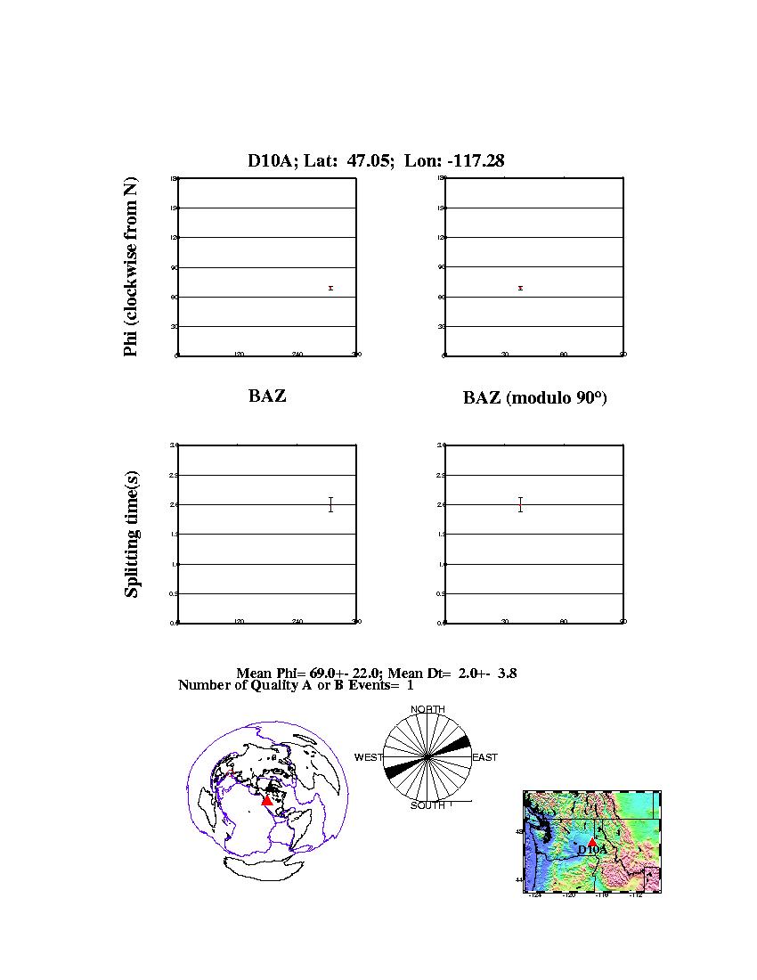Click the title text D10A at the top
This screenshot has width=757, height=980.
(267, 161)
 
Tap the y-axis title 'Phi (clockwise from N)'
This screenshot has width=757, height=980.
(131, 267)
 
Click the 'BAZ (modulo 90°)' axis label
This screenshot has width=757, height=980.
(534, 398)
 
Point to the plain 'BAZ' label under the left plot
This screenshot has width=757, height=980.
(267, 396)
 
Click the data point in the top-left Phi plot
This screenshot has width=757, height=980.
(330, 288)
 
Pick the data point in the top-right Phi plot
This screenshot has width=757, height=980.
(520, 288)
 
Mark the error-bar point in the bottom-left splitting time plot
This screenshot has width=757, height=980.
(330, 504)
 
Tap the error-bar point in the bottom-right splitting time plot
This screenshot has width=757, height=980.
(520, 504)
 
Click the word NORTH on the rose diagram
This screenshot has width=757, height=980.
(427, 709)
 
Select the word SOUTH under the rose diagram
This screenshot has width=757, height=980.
(427, 805)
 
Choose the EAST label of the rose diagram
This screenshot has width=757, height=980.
(484, 757)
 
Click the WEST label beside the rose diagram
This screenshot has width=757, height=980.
(369, 757)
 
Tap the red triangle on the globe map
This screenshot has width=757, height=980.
(266, 800)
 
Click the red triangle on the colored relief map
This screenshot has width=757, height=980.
(592, 841)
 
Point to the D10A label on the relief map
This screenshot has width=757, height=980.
(592, 851)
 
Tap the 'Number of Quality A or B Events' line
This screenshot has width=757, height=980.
(296, 685)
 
